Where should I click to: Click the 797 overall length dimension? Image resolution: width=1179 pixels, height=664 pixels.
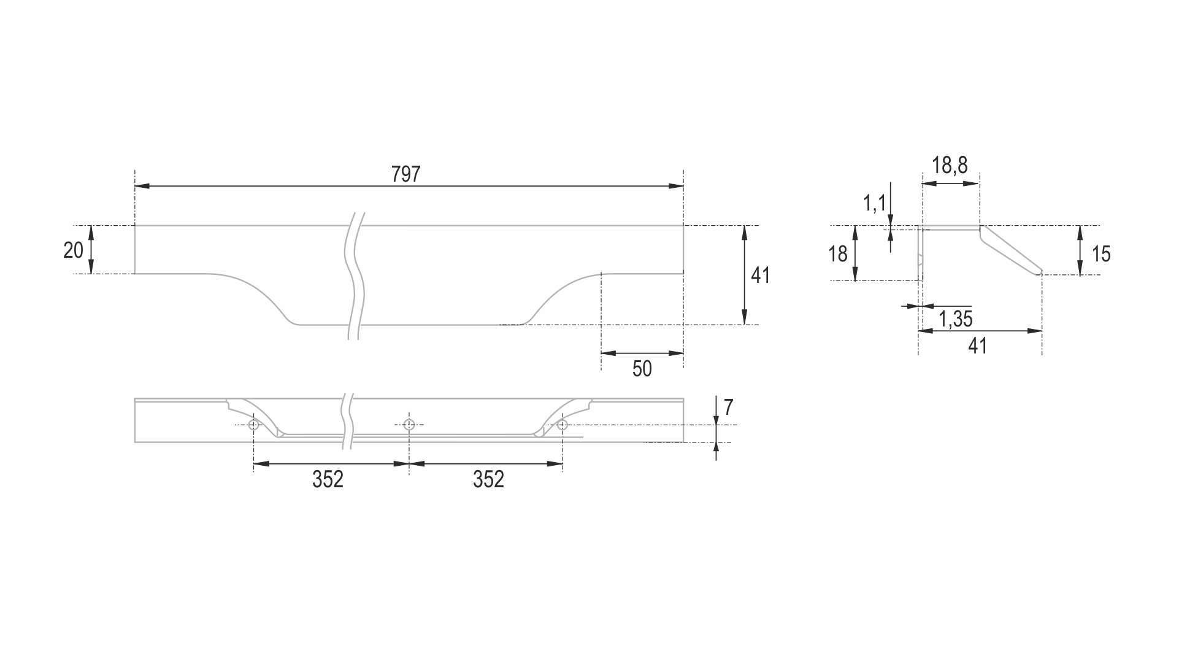[406, 174]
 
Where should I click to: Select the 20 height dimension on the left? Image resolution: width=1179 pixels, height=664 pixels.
[74, 250]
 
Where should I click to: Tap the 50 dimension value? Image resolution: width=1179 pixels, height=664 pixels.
[642, 369]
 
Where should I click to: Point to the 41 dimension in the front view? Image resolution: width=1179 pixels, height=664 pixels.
[760, 276]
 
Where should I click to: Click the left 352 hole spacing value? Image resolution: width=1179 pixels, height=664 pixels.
[328, 479]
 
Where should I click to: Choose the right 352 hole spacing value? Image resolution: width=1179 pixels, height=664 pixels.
[488, 479]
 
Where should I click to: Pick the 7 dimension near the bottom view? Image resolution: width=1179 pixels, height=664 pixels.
[728, 407]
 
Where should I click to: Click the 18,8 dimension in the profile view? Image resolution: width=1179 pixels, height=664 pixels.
[950, 165]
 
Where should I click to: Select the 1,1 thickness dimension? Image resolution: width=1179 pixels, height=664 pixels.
[874, 203]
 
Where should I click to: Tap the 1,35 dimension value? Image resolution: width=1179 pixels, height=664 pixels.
[956, 319]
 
